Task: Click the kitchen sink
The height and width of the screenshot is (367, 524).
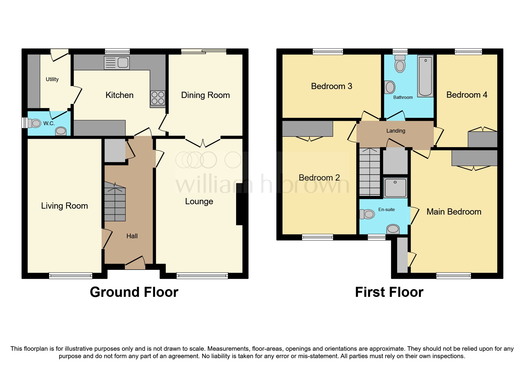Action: [117, 63]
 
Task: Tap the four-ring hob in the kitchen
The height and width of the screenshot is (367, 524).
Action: [158, 98]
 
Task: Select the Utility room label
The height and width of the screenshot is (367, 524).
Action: [52, 79]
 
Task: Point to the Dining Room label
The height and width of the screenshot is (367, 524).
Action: [205, 95]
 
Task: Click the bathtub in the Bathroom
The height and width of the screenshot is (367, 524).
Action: [425, 76]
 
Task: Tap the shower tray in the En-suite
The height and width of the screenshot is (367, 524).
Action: [395, 188]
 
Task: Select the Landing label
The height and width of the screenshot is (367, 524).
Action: [396, 131]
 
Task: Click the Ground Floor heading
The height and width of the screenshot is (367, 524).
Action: [134, 292]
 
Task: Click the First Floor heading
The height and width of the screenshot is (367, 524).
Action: [389, 292]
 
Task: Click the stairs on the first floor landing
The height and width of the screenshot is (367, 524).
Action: [370, 172]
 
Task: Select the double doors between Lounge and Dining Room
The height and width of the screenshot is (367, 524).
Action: [203, 142]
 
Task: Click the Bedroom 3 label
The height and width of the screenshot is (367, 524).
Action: [331, 86]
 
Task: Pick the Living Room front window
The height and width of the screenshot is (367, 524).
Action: [71, 276]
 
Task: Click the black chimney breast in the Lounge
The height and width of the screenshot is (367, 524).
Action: [240, 204]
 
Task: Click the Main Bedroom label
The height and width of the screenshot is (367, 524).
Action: [454, 212]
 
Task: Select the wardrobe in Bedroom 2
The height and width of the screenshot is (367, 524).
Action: [307, 129]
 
